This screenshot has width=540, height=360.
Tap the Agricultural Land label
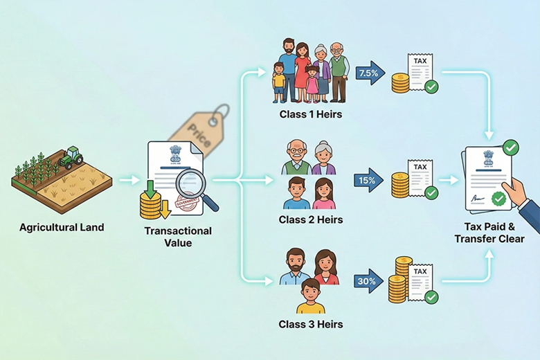tap(62, 226)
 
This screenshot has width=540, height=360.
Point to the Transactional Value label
tap(179, 237)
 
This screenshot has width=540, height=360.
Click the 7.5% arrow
tap(371, 72)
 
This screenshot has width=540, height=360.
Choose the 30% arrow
tap(371, 280)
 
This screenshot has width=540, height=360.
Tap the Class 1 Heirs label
tap(311, 113)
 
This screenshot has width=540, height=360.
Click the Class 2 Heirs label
tap(311, 220)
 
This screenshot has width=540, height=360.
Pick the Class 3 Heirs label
tap(311, 323)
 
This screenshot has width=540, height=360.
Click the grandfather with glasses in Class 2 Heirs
tap(297, 160)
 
